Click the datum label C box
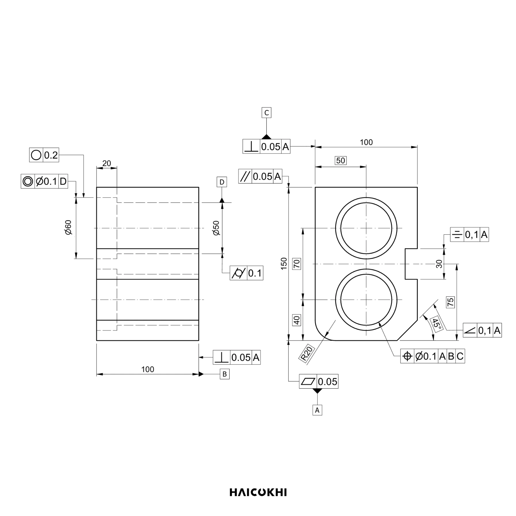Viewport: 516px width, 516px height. coord(266,113)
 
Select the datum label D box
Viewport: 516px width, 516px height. coord(222,182)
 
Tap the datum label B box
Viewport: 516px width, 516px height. coord(225,374)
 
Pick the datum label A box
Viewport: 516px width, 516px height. coord(317,410)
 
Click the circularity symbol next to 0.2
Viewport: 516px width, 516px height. coord(36,155)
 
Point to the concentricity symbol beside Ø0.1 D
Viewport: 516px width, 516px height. coord(28,181)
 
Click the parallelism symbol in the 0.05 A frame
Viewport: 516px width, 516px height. coord(245,176)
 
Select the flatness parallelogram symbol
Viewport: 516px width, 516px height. coord(308,382)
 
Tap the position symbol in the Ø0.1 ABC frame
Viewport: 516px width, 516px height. coord(407,356)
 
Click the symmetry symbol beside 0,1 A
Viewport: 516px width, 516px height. coord(457,235)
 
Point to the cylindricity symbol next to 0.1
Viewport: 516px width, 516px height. coord(238,273)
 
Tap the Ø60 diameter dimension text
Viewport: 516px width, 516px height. coord(68,227)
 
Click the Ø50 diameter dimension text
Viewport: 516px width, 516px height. coord(216,228)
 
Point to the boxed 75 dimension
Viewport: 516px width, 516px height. coord(451,302)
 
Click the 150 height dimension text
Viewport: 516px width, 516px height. coord(284,264)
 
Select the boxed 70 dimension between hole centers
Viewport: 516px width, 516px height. coord(297,264)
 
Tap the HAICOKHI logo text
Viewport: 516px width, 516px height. coord(258,492)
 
